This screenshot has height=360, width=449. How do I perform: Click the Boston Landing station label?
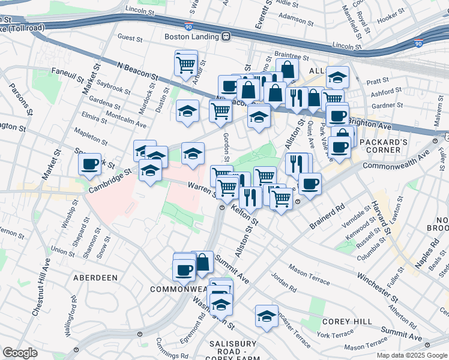click(191, 37)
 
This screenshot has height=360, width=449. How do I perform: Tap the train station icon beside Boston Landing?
click(226, 37)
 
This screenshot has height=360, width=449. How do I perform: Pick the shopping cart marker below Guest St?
click(186, 63)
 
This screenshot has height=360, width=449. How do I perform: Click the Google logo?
click(20, 353)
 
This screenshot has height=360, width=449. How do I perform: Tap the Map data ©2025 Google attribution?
click(411, 355)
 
